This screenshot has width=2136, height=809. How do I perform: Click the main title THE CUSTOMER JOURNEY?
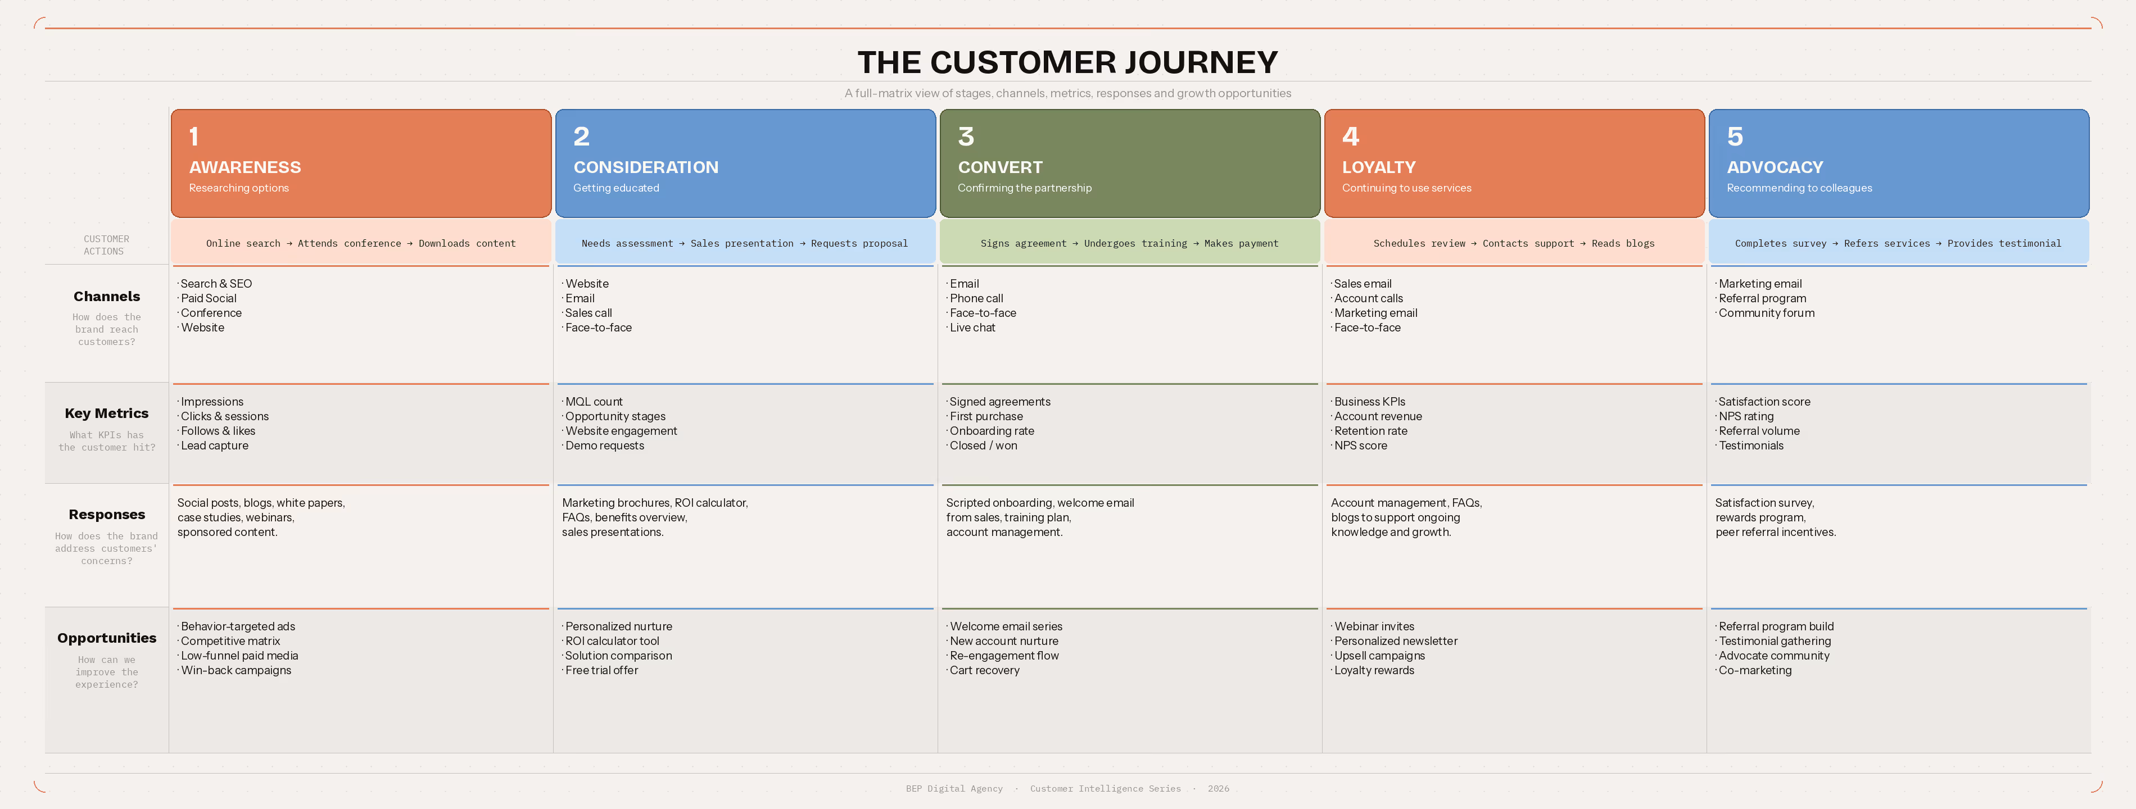[1067, 62]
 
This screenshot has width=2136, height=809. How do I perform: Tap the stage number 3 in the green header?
[966, 136]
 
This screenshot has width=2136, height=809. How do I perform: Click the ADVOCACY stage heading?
[1775, 167]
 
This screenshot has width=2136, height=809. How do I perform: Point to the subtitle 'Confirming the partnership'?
[1024, 188]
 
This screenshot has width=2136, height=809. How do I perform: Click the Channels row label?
[106, 296]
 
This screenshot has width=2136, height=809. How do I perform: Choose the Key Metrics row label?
[106, 413]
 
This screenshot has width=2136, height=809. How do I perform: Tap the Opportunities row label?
[106, 638]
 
